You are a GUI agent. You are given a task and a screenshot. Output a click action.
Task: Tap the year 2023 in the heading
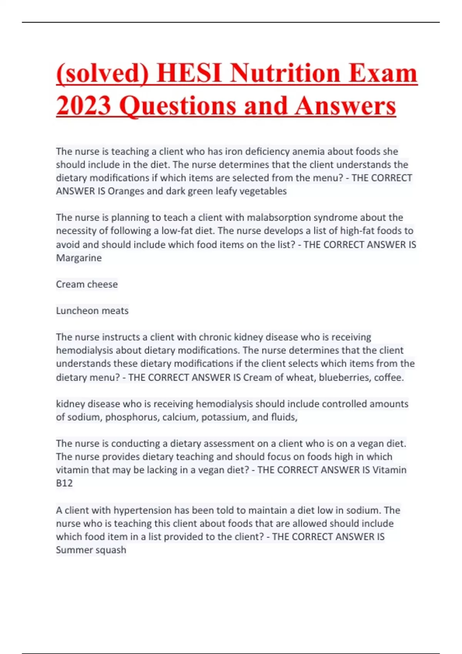coord(84,105)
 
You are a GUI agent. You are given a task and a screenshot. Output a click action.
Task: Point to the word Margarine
coord(79,258)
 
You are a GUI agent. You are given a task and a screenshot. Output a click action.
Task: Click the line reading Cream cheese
coord(87,284)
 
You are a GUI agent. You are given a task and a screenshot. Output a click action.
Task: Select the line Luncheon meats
coord(92,311)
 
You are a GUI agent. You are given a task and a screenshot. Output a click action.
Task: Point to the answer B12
coord(64,483)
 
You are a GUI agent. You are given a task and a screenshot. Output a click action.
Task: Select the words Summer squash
coord(91,550)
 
